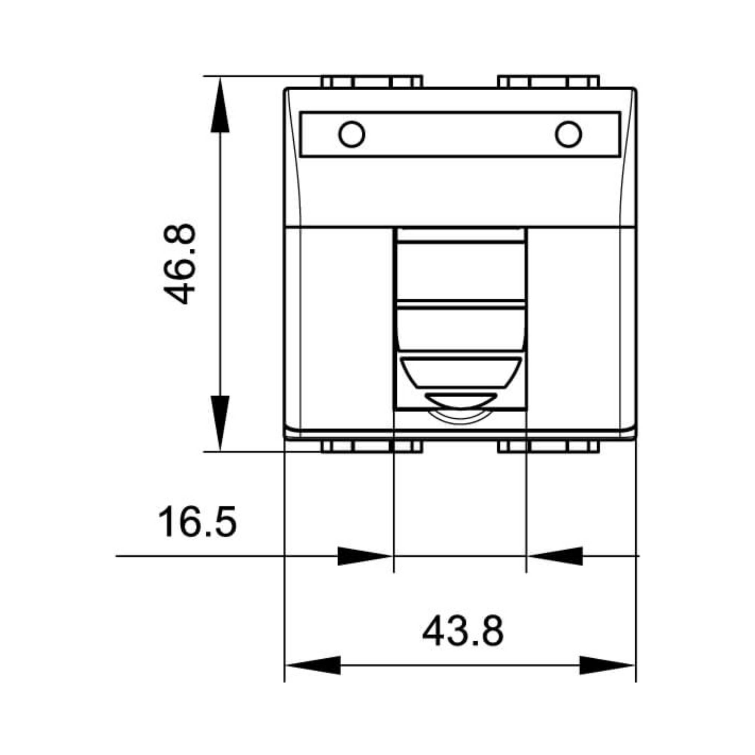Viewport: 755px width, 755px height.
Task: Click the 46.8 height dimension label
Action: pyautogui.click(x=179, y=264)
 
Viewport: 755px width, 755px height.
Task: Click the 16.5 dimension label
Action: pyautogui.click(x=197, y=521)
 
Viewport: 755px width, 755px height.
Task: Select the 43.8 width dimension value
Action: pyautogui.click(x=463, y=632)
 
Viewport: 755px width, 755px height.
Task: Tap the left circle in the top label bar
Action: pyautogui.click(x=352, y=134)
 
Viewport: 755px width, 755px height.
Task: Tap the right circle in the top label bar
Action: pyautogui.click(x=568, y=134)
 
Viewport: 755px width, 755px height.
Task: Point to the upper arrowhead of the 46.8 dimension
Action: pyautogui.click(x=220, y=105)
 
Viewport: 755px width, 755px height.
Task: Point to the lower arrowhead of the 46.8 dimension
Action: pyautogui.click(x=220, y=423)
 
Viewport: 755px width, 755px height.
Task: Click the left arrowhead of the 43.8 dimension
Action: pyautogui.click(x=313, y=665)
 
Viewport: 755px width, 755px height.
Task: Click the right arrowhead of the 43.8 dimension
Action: pyautogui.click(x=607, y=665)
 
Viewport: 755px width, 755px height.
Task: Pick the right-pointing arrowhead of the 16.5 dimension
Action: pyautogui.click(x=365, y=556)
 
